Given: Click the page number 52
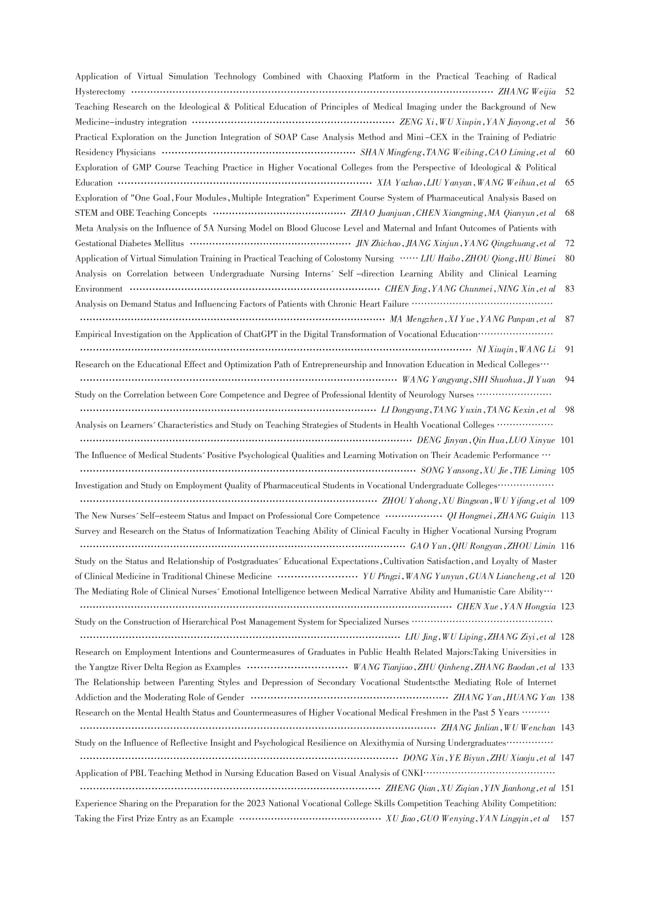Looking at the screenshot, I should (569, 92).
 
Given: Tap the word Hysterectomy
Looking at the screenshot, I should (100, 92).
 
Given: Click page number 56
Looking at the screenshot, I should (569, 122).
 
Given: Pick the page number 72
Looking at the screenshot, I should (569, 243).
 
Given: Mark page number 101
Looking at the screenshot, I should (567, 440).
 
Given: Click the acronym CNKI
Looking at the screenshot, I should (411, 773).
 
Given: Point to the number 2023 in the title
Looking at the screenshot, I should (259, 803).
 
